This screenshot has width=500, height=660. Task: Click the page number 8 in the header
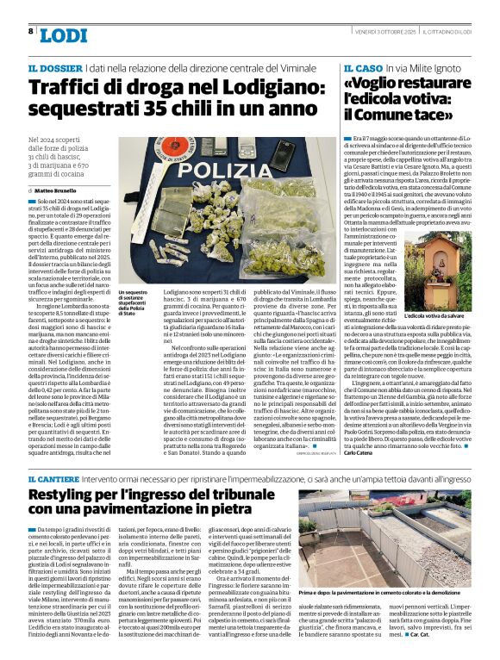[x=31, y=31]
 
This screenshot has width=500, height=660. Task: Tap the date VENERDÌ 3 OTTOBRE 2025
[x=391, y=32]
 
